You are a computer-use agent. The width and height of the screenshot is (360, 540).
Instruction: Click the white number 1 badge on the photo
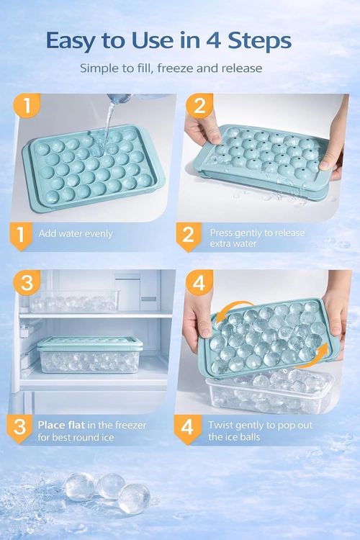[x=27, y=107]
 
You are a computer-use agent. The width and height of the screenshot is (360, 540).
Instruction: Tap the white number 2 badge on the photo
[x=198, y=107]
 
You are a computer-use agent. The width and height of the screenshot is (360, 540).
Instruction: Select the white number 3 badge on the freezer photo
[x=27, y=283]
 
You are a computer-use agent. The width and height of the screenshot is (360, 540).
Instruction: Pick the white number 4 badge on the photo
[x=198, y=283]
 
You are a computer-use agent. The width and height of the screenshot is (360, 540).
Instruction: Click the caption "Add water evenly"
[x=75, y=234]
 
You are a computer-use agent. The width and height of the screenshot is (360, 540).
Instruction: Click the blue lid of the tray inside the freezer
[x=89, y=343]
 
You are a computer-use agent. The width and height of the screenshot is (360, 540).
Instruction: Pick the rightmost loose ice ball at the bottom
[x=134, y=498]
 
